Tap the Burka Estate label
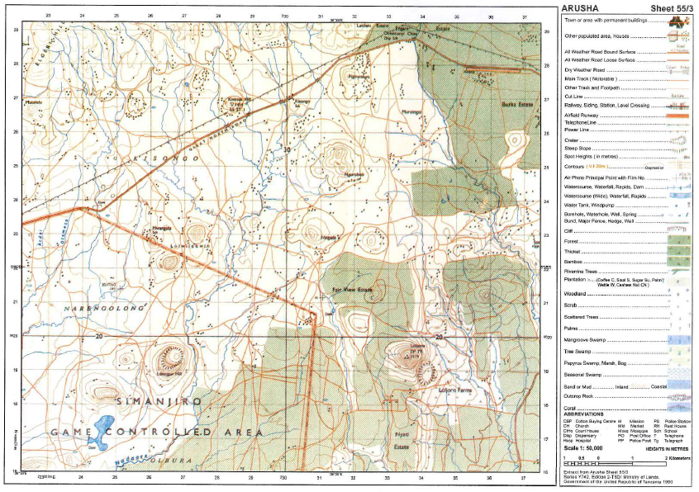[x=514, y=105]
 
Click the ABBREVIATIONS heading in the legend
[x=586, y=413]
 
